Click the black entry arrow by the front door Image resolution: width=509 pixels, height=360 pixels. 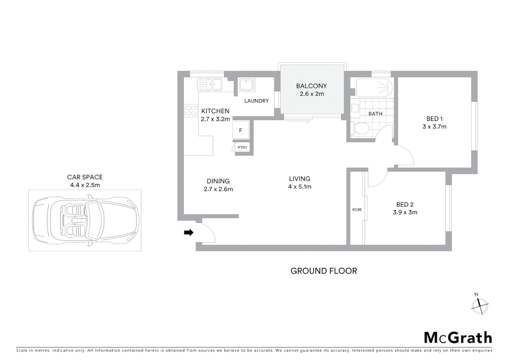click(x=189, y=233)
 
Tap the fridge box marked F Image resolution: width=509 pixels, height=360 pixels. click(x=241, y=130)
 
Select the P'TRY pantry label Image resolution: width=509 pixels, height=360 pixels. click(x=242, y=147)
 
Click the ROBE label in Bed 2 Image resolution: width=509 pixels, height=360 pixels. click(x=357, y=210)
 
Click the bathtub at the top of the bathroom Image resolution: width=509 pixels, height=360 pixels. click(x=374, y=88)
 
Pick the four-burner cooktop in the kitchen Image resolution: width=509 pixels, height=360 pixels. click(x=191, y=111)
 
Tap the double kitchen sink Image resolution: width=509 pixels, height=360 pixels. click(x=210, y=84)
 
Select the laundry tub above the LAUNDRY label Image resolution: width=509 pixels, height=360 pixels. click(x=246, y=85)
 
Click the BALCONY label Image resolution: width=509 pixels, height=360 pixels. click(x=311, y=86)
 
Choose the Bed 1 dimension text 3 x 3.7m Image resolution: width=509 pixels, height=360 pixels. click(x=434, y=127)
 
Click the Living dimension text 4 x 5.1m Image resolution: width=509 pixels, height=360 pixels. click(x=300, y=187)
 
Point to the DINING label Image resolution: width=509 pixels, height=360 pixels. click(x=218, y=181)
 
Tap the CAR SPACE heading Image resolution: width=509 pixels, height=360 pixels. click(x=85, y=177)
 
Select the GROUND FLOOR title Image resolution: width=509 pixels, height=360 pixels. click(x=324, y=271)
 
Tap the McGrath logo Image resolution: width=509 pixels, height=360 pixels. click(x=458, y=338)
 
